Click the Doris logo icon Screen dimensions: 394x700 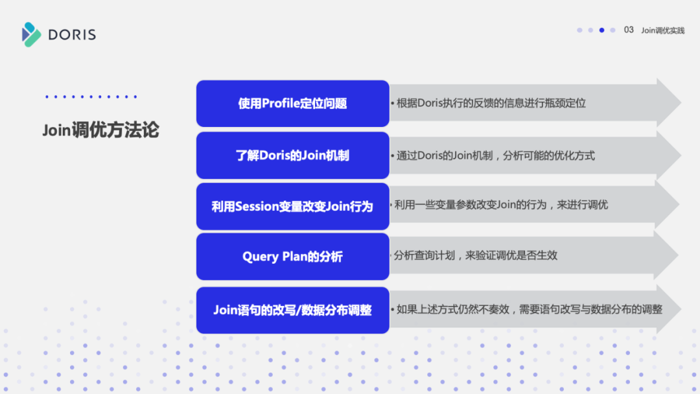click(31, 34)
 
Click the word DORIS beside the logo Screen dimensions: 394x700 click(72, 34)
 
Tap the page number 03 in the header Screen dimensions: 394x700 click(629, 30)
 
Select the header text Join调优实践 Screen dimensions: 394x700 click(662, 30)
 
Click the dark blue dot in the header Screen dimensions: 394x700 click(601, 30)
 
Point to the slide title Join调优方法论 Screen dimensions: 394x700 click(100, 130)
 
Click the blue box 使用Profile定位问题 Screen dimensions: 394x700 click(292, 104)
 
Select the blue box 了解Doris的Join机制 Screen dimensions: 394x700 click(292, 156)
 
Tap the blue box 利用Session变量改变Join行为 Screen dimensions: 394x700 click(292, 207)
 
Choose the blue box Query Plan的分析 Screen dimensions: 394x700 click(292, 257)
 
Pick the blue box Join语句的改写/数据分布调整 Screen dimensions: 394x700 click(292, 310)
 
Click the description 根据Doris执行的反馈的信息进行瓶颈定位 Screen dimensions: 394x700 click(491, 103)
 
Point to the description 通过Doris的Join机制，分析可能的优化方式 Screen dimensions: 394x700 click(496, 156)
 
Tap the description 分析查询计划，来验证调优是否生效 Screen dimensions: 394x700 click(476, 255)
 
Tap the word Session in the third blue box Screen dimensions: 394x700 click(256, 207)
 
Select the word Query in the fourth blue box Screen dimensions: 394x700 click(261, 257)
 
